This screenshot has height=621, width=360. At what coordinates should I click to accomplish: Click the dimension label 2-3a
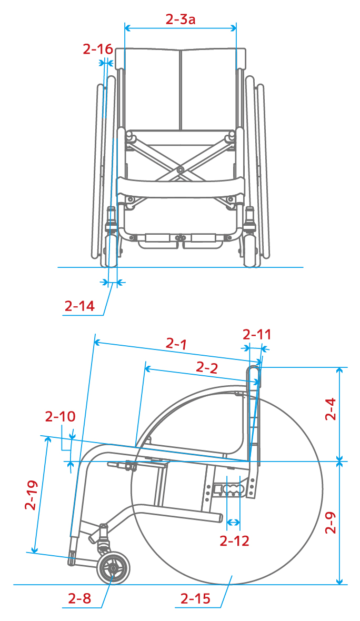(x=180, y=19)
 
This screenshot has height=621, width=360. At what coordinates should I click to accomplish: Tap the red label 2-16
(x=98, y=49)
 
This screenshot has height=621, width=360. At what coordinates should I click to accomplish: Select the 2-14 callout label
(x=80, y=306)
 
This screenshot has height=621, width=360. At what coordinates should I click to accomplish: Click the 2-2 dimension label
(x=207, y=368)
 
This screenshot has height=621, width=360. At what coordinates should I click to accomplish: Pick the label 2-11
(x=257, y=335)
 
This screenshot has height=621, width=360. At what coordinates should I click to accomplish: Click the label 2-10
(x=60, y=417)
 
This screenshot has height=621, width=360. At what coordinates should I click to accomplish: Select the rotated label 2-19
(x=31, y=495)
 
